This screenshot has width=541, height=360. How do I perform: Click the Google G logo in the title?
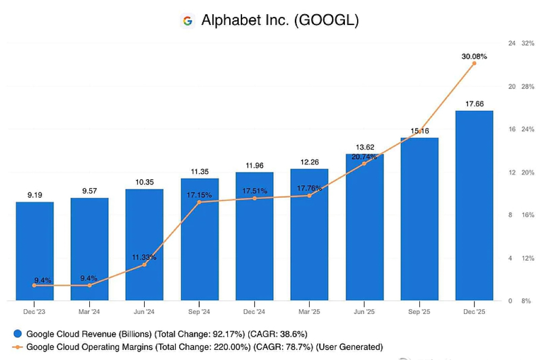pos(188,21)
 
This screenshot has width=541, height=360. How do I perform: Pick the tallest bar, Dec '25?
pos(474,206)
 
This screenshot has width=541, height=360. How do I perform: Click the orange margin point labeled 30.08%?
pos(474,63)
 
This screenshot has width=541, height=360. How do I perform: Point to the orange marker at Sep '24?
pos(199,202)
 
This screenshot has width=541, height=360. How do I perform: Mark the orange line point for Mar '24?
pos(89,285)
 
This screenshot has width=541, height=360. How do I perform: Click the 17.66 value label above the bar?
pos(474,104)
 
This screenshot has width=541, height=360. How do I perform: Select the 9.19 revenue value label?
pos(35,195)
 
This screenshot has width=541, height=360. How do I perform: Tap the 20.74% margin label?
pos(364,156)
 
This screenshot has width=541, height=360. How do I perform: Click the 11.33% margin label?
pos(144,257)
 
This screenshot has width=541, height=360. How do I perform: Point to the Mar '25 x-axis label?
pos(309,312)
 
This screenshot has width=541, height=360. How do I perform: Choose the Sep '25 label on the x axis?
pos(419,312)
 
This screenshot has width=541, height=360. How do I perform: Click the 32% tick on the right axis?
pos(528,43)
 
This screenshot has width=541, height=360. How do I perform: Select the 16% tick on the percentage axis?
pos(528,215)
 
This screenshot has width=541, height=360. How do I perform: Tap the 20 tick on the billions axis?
pos(511,87)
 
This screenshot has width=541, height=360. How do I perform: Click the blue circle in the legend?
pos(18,334)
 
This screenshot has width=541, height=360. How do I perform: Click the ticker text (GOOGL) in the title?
pos(326,21)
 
